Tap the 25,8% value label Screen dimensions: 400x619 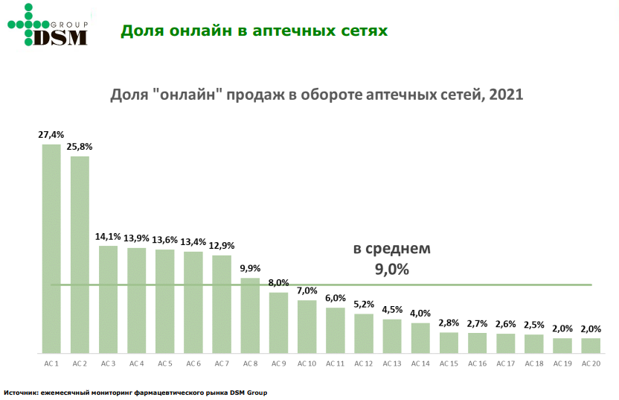(x=80, y=147)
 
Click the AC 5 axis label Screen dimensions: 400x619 (x=165, y=364)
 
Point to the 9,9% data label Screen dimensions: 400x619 (x=251, y=269)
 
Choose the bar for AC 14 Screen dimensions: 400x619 (x=420, y=337)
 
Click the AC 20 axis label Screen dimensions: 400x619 (x=591, y=364)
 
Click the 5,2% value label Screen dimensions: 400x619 (x=364, y=305)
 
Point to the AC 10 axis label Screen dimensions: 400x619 (x=307, y=364)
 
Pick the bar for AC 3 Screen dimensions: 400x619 (x=109, y=299)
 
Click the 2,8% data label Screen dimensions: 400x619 (x=449, y=323)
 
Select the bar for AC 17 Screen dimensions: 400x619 (x=506, y=343)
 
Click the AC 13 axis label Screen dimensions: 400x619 (x=392, y=364)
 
